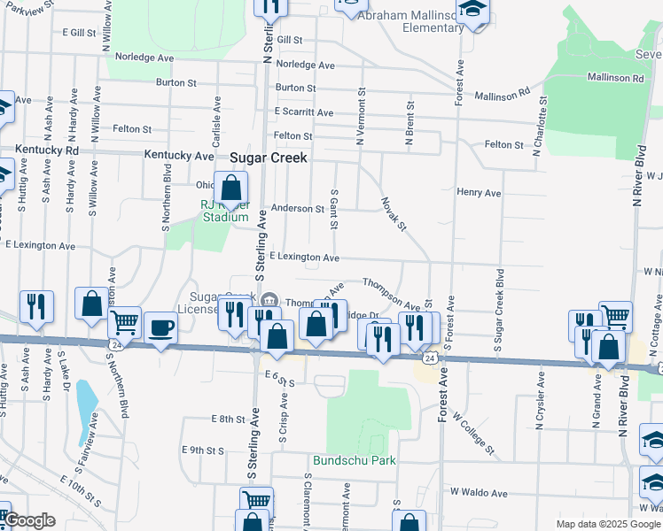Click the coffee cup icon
pos(160,327)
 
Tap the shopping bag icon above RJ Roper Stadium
pos(230,187)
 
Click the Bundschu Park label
pos(354,460)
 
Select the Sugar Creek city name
pos(269,158)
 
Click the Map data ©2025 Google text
pos(608,524)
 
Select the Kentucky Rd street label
pos(39,151)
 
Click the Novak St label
pos(394,215)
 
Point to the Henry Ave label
pos(479,192)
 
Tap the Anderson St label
pos(298,209)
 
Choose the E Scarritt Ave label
pos(304,112)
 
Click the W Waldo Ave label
pos(479,492)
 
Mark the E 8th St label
pos(228,419)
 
